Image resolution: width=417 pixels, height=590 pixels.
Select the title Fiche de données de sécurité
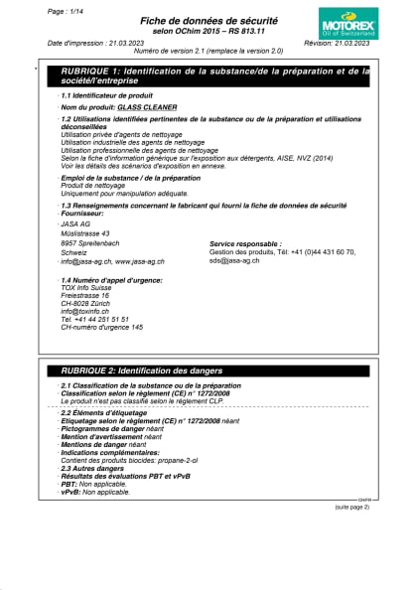click(208, 20)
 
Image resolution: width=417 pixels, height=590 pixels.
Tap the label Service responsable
click(245, 243)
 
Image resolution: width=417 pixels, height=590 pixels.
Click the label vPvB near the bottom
click(69, 492)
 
